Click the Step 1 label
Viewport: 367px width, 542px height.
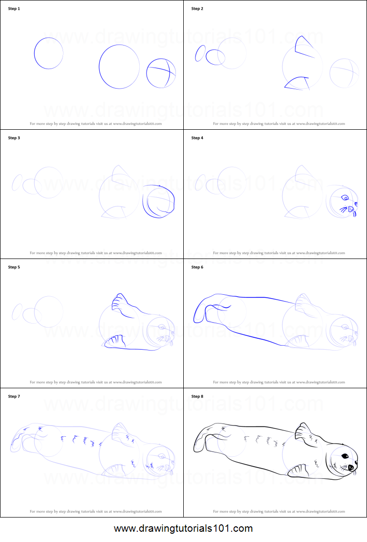tap(14, 9)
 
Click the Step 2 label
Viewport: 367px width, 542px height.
tap(197, 9)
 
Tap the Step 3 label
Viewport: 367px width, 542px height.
tap(14, 138)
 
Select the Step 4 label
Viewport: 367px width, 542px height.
tap(197, 138)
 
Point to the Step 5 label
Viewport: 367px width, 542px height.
tap(14, 267)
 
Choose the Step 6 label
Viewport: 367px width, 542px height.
tap(197, 267)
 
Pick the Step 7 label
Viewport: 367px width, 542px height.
tap(14, 396)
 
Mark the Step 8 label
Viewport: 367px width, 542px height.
tap(197, 396)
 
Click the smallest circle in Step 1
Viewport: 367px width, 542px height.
tap(48, 53)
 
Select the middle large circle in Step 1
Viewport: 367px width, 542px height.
tap(119, 67)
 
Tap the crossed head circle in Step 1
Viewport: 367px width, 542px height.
tap(161, 73)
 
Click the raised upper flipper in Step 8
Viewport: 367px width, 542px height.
tap(304, 432)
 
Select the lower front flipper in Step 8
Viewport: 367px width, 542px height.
tap(297, 471)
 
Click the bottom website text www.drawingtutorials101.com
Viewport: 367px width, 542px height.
tap(183, 529)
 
